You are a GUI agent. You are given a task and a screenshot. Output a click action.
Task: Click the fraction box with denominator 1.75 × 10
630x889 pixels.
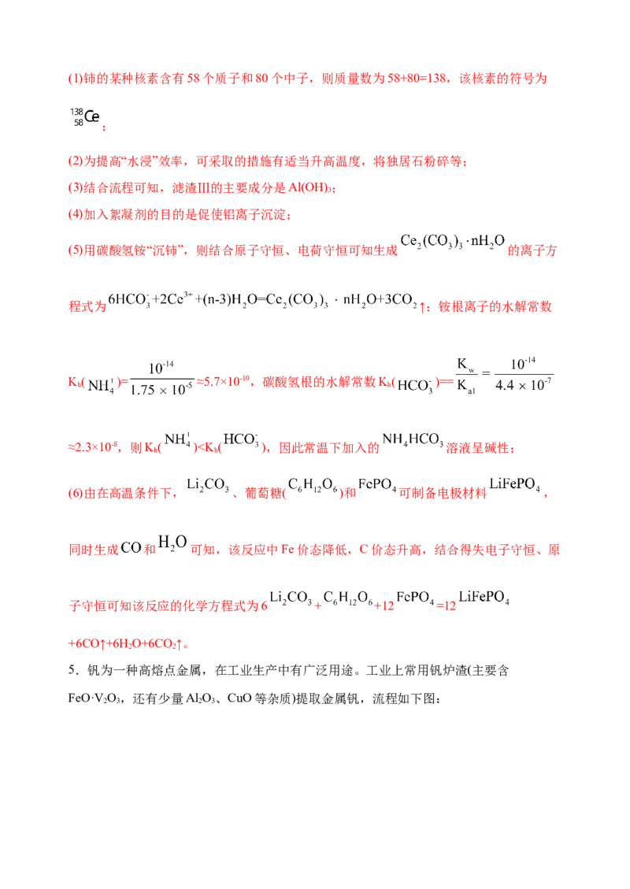coord(164,378)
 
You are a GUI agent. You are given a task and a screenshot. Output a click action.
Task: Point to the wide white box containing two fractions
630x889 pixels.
coord(504,375)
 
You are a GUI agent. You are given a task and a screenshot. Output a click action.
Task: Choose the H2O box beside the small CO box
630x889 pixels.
coord(176,546)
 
